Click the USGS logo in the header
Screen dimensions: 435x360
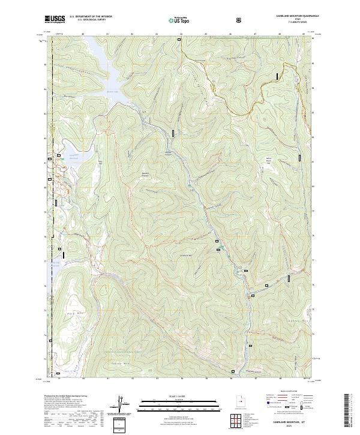point(55,19)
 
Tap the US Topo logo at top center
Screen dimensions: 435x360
point(179,20)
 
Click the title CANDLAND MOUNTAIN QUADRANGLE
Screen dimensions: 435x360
point(298,16)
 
